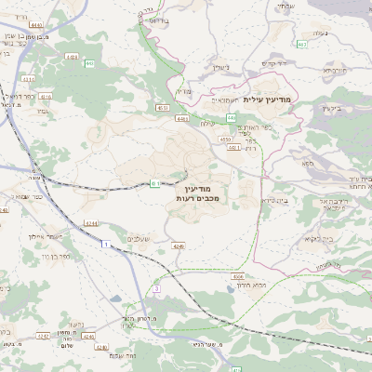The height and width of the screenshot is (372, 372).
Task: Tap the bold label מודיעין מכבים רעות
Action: [195, 193]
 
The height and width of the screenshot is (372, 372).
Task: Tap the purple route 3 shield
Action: [157, 289]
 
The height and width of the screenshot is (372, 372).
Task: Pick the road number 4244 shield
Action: [90, 223]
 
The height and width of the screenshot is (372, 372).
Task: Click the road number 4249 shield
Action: [179, 246]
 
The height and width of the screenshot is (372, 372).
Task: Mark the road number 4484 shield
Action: [180, 119]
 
